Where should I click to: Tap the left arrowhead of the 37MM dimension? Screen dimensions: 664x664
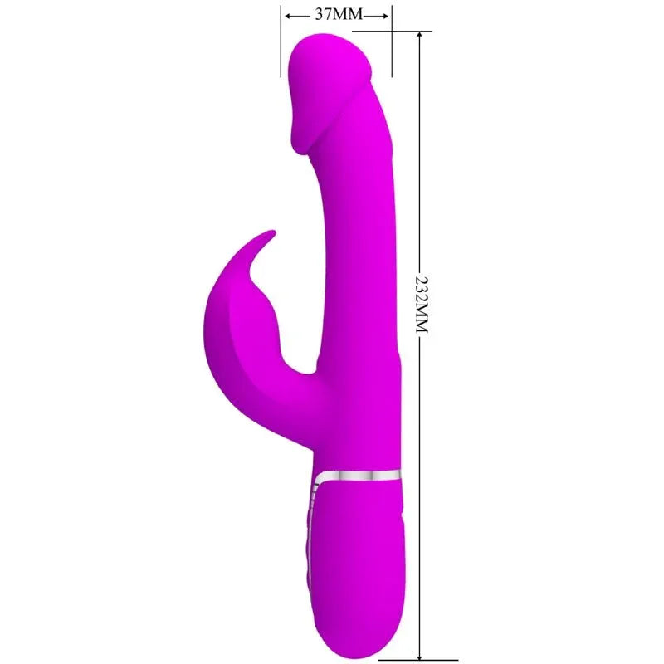pos(287,15)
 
